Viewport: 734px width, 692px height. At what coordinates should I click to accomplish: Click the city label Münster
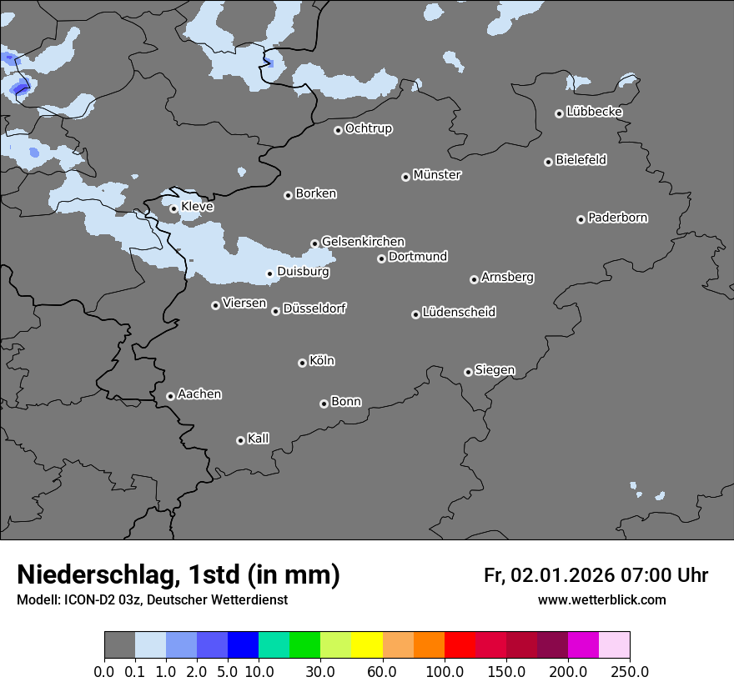coord(437,175)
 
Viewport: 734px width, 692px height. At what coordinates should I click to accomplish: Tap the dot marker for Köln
coord(302,363)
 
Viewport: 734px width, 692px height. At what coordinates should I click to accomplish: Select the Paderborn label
coord(618,218)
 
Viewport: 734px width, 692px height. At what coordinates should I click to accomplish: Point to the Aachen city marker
coord(170,396)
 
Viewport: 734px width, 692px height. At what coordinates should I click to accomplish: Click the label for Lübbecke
coord(595,112)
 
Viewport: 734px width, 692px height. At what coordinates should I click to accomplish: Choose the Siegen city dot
coord(468,372)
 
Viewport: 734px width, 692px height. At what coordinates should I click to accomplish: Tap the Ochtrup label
coord(369,128)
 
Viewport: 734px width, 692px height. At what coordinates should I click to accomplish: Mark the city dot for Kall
coord(240,440)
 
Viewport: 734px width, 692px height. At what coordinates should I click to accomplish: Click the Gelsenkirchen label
coord(363,242)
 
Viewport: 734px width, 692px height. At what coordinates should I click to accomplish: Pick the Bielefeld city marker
coord(548,162)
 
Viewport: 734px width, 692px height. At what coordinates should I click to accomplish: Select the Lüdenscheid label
coord(460,313)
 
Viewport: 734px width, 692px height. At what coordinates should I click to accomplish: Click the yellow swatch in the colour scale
coord(367,645)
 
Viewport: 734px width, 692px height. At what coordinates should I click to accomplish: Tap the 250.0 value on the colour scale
coord(630,671)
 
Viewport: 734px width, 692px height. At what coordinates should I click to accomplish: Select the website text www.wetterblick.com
coord(602,599)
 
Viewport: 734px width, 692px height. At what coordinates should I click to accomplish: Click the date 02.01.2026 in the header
coord(563,575)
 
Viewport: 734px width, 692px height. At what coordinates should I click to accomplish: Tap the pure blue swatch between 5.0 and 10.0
coord(243,645)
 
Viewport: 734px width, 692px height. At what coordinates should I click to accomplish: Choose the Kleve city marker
coord(173,208)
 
